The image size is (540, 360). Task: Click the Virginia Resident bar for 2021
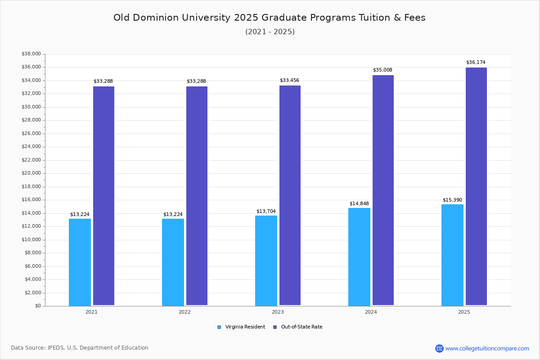80,262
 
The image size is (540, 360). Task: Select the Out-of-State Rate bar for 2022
197,196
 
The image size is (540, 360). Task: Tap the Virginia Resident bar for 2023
266,261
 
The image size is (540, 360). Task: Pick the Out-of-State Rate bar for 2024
383,190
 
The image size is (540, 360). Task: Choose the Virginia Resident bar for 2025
452,255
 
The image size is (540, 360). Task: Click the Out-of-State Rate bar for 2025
476,186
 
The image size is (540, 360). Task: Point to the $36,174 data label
476,62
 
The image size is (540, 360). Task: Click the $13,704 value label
266,211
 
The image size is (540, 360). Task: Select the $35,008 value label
382,70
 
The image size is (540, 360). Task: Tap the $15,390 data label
452,200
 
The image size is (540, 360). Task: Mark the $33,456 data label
289,80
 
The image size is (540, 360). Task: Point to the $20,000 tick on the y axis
31,173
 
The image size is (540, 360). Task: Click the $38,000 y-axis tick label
31,54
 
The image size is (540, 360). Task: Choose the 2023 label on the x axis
278,312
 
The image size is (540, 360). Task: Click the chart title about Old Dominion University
270,18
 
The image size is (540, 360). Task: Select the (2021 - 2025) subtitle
270,32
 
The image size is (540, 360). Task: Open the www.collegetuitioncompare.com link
487,348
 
